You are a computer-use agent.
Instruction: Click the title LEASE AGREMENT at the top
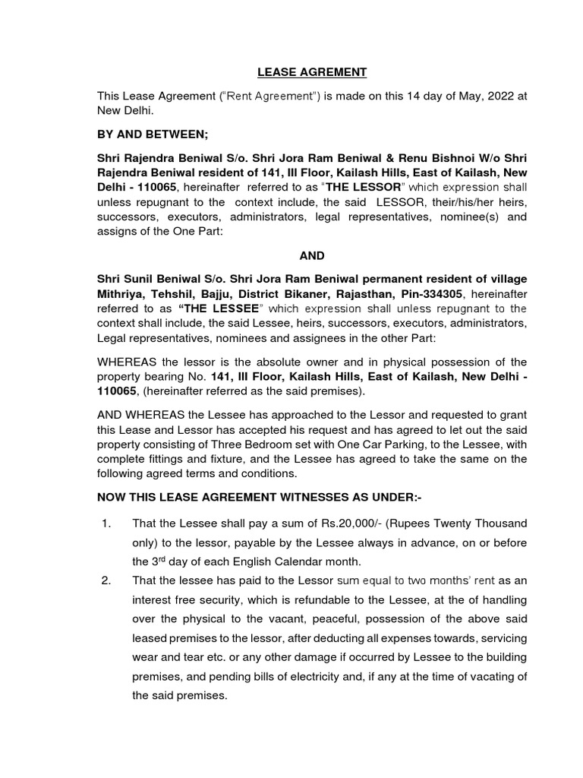pyautogui.click(x=311, y=72)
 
